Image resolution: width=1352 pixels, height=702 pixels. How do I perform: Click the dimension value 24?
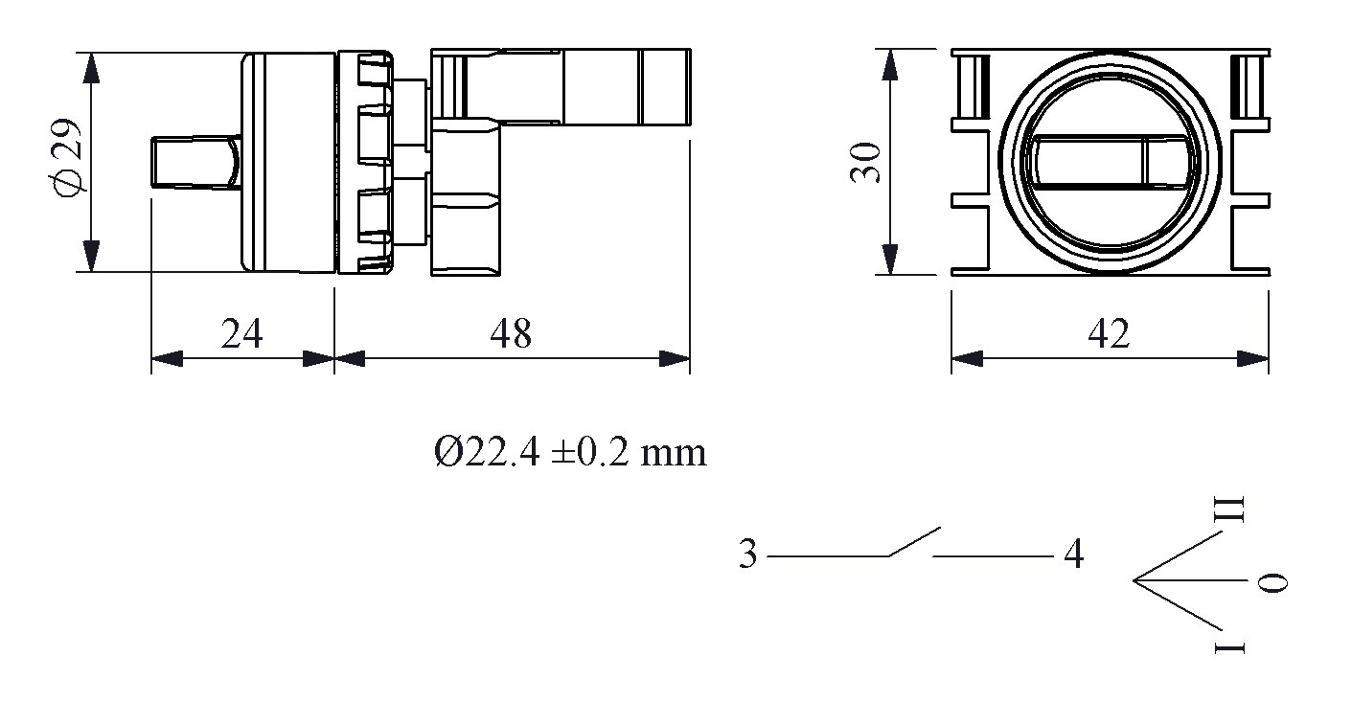pyautogui.click(x=241, y=333)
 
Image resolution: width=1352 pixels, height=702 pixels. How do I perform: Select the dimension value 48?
pyautogui.click(x=510, y=333)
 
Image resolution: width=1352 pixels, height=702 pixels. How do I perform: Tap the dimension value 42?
pyautogui.click(x=1109, y=333)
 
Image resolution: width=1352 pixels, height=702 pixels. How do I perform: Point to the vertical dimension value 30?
pyautogui.click(x=865, y=161)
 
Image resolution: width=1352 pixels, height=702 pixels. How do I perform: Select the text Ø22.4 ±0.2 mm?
pyautogui.click(x=570, y=451)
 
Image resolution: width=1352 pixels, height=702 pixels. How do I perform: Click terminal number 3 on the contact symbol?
pyautogui.click(x=747, y=555)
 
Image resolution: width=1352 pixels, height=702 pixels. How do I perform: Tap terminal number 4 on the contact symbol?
pyautogui.click(x=1074, y=555)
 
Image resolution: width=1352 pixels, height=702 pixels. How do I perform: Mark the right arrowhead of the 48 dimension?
pyautogui.click(x=676, y=359)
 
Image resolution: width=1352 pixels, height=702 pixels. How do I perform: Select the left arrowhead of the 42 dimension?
pyautogui.click(x=966, y=359)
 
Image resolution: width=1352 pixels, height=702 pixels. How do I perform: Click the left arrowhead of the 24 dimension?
pyautogui.click(x=166, y=359)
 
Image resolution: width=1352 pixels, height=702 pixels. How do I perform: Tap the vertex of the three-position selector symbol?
pyautogui.click(x=1134, y=580)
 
